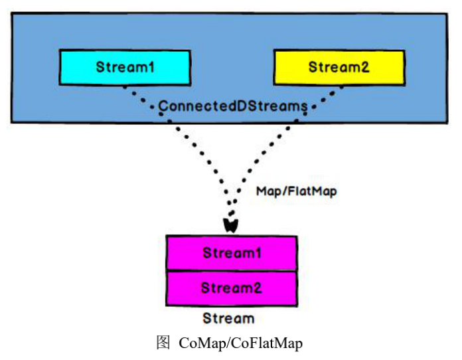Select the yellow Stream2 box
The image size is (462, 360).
(x=339, y=68)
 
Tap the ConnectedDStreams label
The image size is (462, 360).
(x=232, y=106)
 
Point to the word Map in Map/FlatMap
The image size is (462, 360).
(x=268, y=191)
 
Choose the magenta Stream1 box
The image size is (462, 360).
(x=232, y=253)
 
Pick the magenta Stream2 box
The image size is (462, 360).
(x=232, y=288)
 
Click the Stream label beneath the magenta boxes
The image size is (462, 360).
(x=228, y=318)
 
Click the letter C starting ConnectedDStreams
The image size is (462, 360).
(x=161, y=106)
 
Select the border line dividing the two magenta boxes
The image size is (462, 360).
(x=232, y=270)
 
